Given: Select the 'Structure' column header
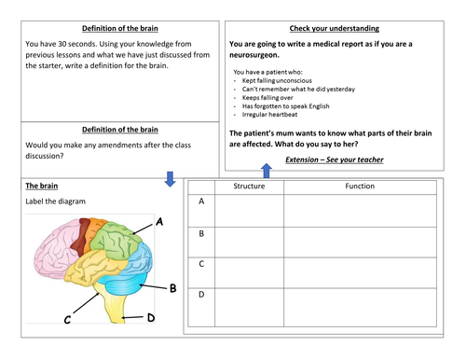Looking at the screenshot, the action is click(x=249, y=187).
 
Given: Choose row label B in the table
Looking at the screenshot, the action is click(x=201, y=234).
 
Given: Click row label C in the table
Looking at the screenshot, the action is click(x=201, y=264).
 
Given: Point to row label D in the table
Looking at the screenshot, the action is click(x=201, y=295).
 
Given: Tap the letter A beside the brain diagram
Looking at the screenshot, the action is click(x=159, y=222).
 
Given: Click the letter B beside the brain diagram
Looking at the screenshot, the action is click(x=172, y=288).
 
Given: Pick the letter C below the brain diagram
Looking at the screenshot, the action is click(x=67, y=321).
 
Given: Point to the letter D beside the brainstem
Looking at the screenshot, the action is click(x=151, y=319).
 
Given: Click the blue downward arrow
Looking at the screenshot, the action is click(x=169, y=177).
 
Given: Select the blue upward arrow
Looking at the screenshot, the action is click(x=266, y=169).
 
